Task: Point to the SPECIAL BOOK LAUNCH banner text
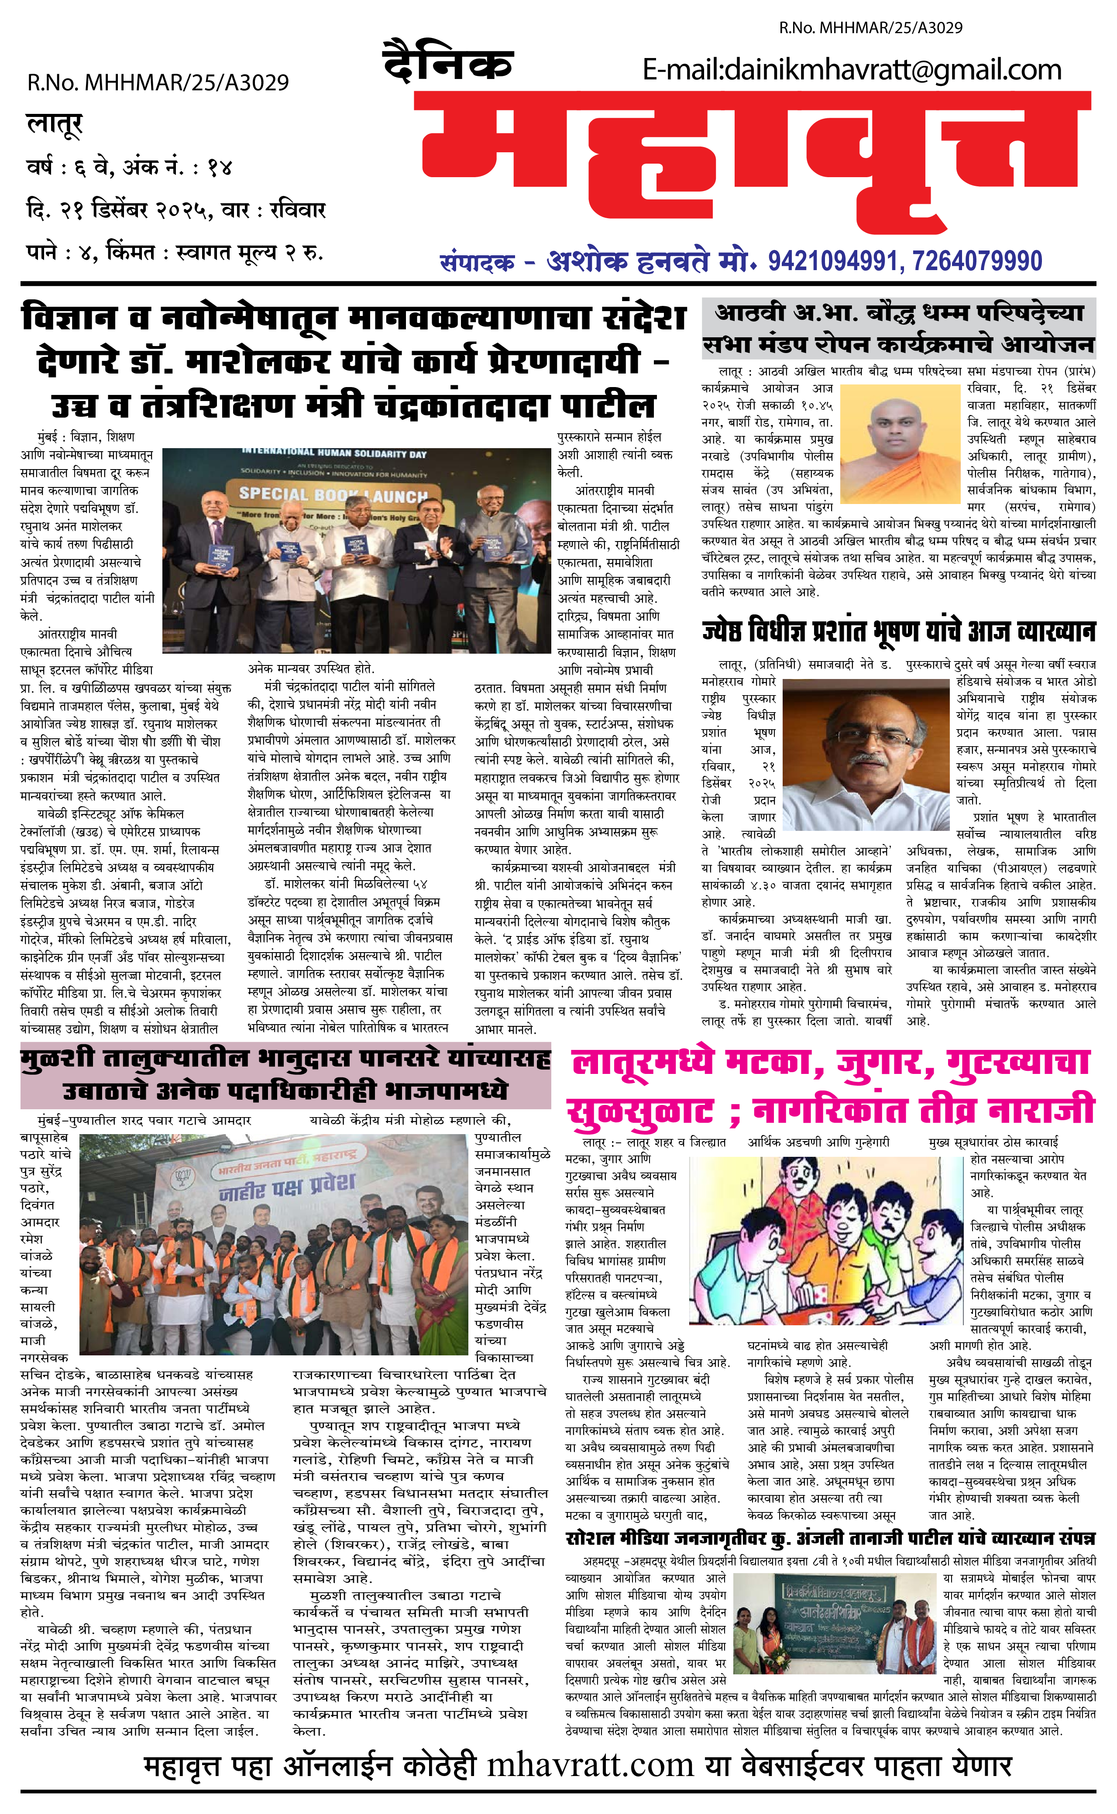point(333,494)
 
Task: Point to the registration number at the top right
point(870,28)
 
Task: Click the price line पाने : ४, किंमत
point(174,253)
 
